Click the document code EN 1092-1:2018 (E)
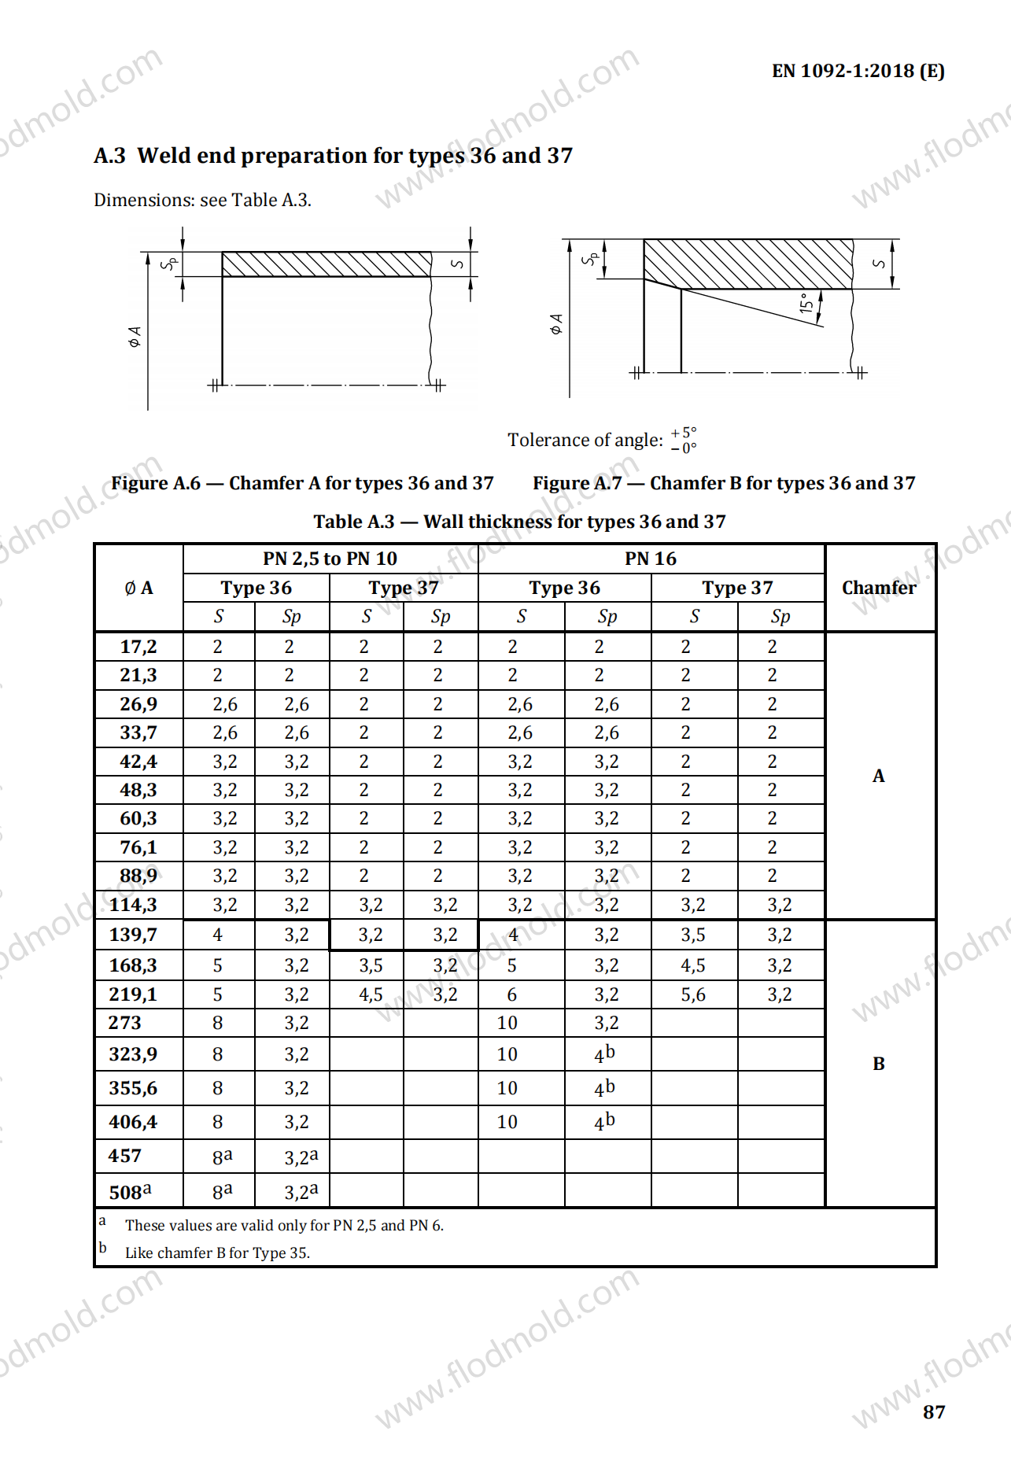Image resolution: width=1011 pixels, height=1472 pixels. pos(858,71)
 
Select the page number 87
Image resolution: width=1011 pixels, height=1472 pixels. pos(933,1412)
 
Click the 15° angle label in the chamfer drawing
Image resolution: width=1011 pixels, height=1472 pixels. pos(806,303)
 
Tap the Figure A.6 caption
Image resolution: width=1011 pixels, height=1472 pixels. pos(302,483)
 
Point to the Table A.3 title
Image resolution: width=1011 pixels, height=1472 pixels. pos(519,522)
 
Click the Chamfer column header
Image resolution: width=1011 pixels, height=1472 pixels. pos(879,588)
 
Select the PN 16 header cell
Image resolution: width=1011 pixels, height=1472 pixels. pos(651,559)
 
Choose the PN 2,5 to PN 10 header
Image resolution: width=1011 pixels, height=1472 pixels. pos(330,559)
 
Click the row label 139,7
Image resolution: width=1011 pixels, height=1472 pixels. pos(133,935)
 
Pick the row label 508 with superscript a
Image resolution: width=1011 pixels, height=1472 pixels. pos(131,1192)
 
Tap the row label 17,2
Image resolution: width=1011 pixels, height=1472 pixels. pos(138,647)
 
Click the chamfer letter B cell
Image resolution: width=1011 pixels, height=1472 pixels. pos(879,1064)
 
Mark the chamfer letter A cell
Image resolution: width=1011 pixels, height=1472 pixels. pos(879,776)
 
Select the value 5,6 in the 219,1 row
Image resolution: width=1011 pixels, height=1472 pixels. pos(693,994)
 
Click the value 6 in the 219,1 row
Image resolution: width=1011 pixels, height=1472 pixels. pos(512,994)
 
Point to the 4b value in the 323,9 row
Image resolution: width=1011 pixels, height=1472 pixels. pos(604,1054)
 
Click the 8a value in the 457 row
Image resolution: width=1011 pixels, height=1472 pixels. pos(222,1157)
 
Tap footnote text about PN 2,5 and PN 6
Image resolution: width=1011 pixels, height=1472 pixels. pos(284,1226)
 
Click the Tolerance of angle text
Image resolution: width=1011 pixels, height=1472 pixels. pos(585,440)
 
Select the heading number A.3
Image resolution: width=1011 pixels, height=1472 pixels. pos(109,156)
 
